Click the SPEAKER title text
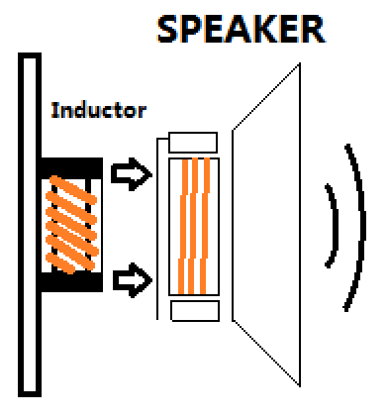pos(242,29)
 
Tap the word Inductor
pos(99,110)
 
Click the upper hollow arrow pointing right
pos(132,174)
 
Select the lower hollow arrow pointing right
pos(133,280)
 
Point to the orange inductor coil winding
pos(71,225)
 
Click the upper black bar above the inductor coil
pos(71,168)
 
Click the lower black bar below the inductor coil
pos(71,282)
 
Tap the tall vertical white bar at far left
pos(30,225)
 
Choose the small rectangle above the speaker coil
pos(193,143)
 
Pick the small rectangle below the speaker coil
pos(195,311)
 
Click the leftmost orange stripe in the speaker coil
pos(183,226)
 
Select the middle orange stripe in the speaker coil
pos(193,226)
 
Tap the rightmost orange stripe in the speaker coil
pos(205,226)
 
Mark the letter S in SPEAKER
pos(168,29)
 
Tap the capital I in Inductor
pos(54,110)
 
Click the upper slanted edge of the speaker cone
pos(266,96)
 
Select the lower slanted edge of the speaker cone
pos(266,353)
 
